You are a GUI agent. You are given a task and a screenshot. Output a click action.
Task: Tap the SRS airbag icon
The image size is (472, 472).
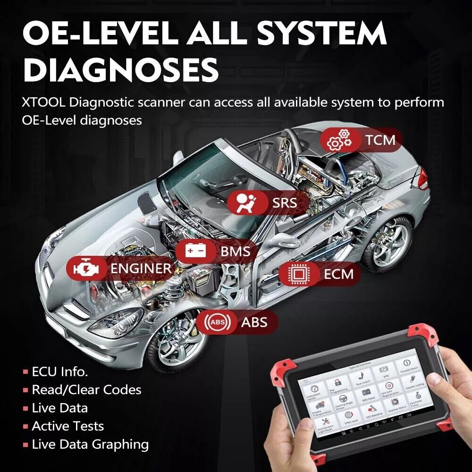[x=244, y=203]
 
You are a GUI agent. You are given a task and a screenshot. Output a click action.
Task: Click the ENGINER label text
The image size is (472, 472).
[x=141, y=269]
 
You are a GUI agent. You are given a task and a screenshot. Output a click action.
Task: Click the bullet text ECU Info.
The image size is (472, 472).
[x=59, y=371]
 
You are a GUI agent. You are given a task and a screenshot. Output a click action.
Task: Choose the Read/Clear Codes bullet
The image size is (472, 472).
[x=86, y=390]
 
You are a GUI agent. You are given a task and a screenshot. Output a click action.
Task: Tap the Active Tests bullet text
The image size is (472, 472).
[x=67, y=426]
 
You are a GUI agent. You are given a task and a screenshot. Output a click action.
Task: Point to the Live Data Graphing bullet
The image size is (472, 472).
[x=90, y=445]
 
